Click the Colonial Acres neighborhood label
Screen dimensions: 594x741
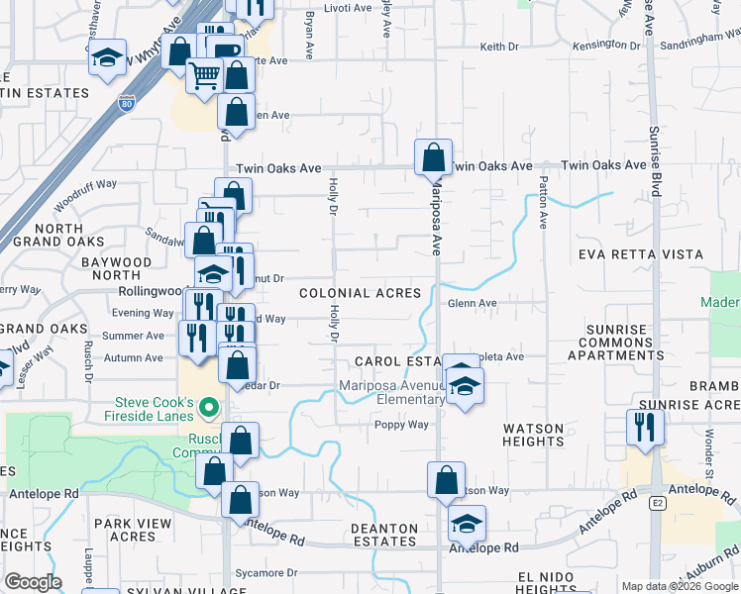(360, 294)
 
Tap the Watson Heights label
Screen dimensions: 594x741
(533, 436)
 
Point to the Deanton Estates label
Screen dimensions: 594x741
(384, 535)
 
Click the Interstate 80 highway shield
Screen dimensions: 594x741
(126, 102)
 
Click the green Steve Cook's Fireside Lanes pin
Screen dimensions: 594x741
(208, 406)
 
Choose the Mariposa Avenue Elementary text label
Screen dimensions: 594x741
(392, 392)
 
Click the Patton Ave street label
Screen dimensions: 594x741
(543, 203)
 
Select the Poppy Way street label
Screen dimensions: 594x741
(401, 425)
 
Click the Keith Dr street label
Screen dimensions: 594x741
(499, 47)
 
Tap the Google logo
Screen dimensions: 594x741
(33, 582)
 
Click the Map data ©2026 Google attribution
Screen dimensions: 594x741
(679, 586)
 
